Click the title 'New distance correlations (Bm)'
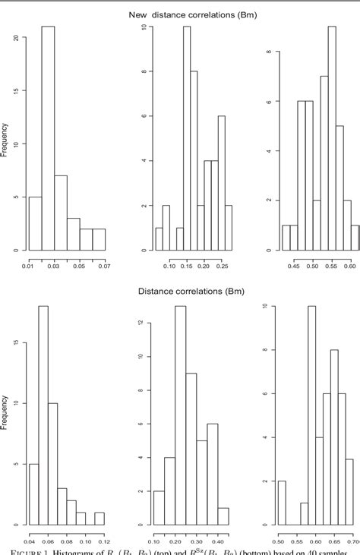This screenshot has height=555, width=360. click(181, 13)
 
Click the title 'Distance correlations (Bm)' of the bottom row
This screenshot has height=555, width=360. click(181, 290)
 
